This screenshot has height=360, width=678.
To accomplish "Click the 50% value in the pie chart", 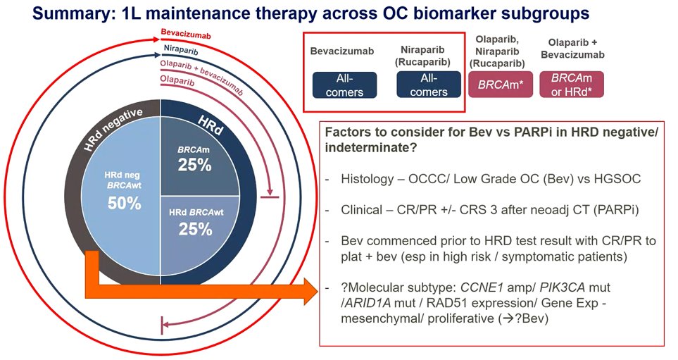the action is click(125, 204).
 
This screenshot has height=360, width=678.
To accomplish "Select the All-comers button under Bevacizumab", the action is click(345, 85).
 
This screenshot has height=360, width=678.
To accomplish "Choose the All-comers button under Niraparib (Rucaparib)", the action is click(429, 85).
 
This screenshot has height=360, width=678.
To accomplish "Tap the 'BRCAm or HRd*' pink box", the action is click(572, 85).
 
